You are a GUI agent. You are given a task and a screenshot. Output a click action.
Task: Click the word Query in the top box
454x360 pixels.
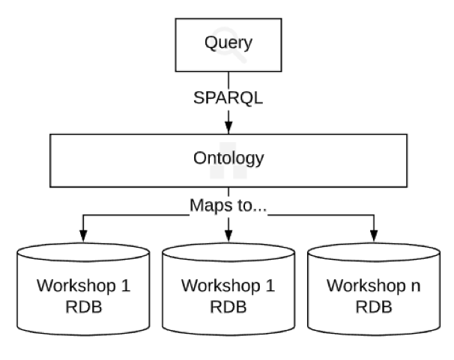(228, 43)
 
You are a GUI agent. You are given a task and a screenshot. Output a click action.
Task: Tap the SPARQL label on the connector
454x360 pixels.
(228, 98)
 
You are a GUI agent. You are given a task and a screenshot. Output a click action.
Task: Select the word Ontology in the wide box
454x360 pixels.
(228, 159)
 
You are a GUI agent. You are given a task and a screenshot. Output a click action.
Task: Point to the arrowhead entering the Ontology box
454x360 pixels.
(228, 127)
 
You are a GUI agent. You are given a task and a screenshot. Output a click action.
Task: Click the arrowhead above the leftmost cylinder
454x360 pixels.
(83, 236)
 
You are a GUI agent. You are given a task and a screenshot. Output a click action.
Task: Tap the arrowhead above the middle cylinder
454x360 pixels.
(228, 236)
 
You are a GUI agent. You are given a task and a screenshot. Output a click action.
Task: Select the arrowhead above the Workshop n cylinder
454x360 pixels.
(374, 236)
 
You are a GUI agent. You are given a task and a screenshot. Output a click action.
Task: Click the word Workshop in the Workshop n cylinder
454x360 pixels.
(366, 286)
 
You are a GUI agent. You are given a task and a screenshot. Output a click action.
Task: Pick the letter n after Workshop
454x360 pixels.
(416, 286)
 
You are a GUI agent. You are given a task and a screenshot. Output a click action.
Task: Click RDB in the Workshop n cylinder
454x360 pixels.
(374, 307)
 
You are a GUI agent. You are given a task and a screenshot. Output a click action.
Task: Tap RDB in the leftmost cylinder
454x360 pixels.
(83, 307)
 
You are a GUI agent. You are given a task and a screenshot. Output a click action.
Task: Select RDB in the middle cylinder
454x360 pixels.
(228, 307)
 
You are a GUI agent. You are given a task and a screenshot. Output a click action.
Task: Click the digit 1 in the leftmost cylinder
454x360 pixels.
(126, 286)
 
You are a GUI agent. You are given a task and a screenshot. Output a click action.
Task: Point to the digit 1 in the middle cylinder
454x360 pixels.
(270, 286)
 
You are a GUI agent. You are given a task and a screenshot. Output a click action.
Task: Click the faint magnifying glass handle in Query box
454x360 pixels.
(239, 55)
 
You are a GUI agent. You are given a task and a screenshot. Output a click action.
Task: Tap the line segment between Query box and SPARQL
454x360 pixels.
(228, 80)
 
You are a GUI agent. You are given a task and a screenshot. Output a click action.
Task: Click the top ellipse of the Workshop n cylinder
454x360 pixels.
(374, 252)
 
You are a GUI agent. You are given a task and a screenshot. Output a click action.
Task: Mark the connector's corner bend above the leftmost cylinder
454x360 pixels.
(83, 215)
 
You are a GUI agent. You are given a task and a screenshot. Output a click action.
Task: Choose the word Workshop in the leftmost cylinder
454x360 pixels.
(76, 286)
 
